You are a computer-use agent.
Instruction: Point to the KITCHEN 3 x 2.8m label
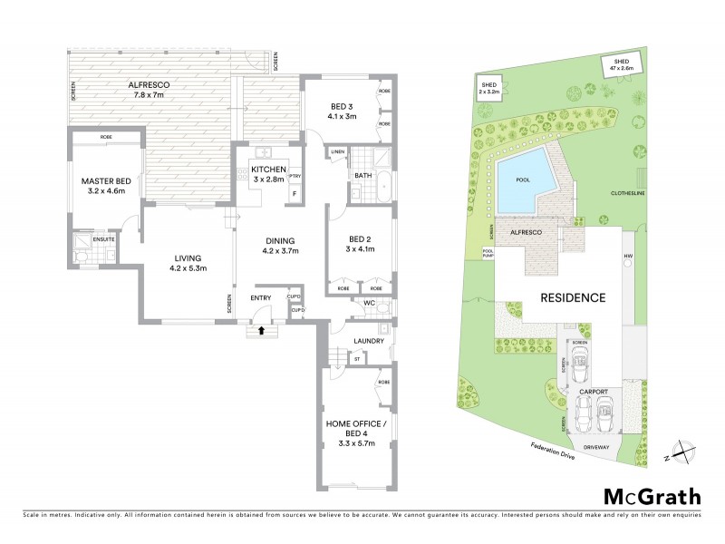pyautogui.click(x=268, y=175)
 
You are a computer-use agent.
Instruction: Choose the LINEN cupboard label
pyautogui.click(x=338, y=151)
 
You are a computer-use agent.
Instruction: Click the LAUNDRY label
pyautogui.click(x=367, y=341)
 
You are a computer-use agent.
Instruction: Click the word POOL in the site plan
pyautogui.click(x=523, y=180)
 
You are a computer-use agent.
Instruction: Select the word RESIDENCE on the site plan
pyautogui.click(x=573, y=297)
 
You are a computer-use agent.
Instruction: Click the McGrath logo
pyautogui.click(x=652, y=496)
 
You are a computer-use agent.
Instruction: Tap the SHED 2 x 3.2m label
pyautogui.click(x=488, y=88)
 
